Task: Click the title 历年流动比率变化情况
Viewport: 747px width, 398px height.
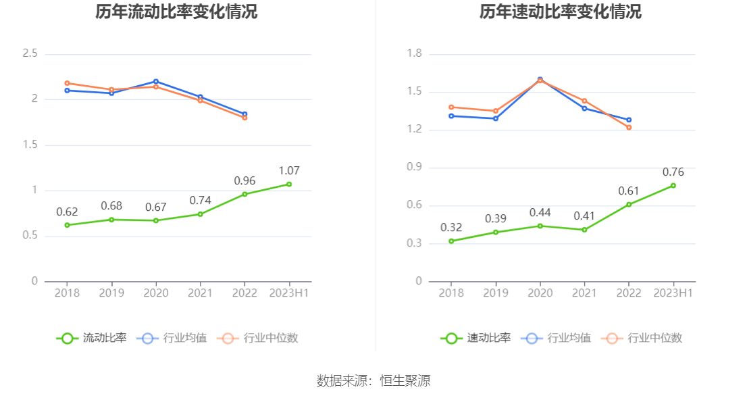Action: pos(176,12)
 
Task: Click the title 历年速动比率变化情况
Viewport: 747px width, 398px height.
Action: pos(561,12)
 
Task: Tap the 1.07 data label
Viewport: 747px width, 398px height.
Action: pos(289,171)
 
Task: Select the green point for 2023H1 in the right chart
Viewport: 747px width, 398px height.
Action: pos(673,185)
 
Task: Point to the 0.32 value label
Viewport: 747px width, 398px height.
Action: pos(451,228)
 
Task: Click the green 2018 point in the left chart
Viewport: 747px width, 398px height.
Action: pos(67,225)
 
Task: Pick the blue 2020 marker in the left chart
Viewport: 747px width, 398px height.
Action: pos(156,81)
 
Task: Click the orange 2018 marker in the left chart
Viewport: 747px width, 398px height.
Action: pos(67,83)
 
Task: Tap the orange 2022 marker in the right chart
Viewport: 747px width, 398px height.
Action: pos(629,127)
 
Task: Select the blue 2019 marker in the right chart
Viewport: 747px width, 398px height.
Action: pos(496,118)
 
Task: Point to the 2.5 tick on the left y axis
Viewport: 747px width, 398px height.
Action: pos(30,53)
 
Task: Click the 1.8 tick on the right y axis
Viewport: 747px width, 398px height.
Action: pos(414,53)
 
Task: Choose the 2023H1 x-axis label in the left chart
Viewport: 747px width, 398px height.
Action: pos(289,293)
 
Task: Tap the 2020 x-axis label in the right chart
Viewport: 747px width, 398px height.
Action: pos(540,293)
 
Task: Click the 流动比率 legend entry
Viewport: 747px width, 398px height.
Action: pos(92,338)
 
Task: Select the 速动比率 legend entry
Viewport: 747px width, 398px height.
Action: pos(476,338)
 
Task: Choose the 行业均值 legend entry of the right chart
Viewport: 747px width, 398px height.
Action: pos(557,338)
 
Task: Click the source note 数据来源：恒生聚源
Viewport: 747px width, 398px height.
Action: pos(373,381)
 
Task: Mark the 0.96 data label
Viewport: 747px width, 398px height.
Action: pos(244,181)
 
